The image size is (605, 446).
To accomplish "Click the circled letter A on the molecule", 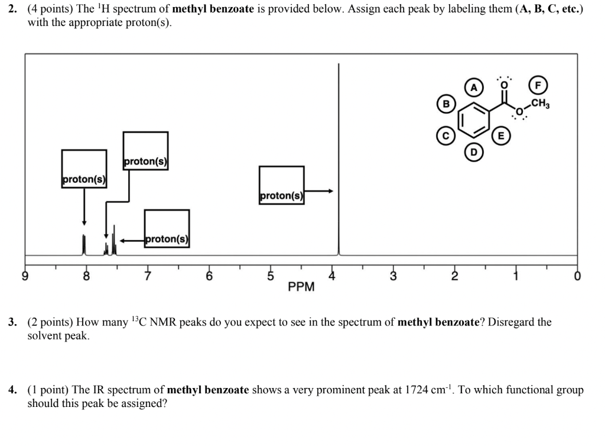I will click(474, 87).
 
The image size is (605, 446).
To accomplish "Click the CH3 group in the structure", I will click(540, 105).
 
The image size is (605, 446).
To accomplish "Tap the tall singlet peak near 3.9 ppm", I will click(339, 177).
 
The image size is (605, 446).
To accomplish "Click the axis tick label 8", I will click(86, 276).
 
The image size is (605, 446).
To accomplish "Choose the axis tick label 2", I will click(454, 276).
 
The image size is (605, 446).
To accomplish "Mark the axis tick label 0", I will click(577, 276).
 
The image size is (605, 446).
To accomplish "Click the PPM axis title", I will click(301, 287).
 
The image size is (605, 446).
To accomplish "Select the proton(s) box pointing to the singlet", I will click(281, 186).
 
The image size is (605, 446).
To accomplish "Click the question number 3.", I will click(12, 322).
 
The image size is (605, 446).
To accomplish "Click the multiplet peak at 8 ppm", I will click(84, 244).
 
